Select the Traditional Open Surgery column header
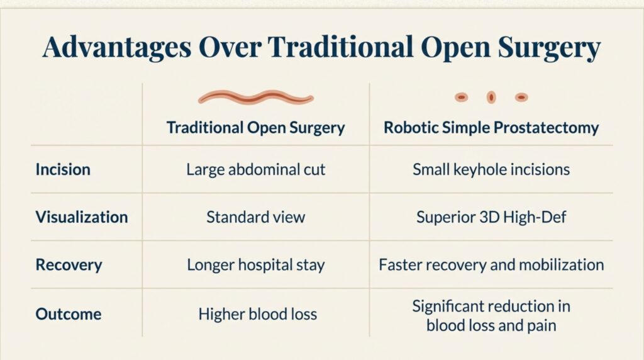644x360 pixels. tap(255, 128)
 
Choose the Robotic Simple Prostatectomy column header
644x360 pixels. tap(491, 128)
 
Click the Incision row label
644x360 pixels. tap(63, 169)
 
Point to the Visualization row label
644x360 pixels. tap(82, 217)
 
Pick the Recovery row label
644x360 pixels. tap(68, 264)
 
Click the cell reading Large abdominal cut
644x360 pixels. tap(255, 169)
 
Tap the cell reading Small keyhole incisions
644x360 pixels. tap(491, 169)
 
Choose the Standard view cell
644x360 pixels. tap(255, 217)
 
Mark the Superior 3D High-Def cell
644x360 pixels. tap(491, 217)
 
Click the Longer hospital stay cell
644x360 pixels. tap(255, 264)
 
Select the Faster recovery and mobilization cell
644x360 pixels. tap(491, 264)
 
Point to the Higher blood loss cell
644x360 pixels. tap(255, 313)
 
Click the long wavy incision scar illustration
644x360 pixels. tap(255, 98)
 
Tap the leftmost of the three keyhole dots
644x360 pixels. tap(461, 97)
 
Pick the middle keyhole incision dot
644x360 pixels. tap(491, 97)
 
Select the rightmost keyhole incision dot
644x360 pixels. tap(521, 97)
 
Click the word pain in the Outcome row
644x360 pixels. tap(541, 325)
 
